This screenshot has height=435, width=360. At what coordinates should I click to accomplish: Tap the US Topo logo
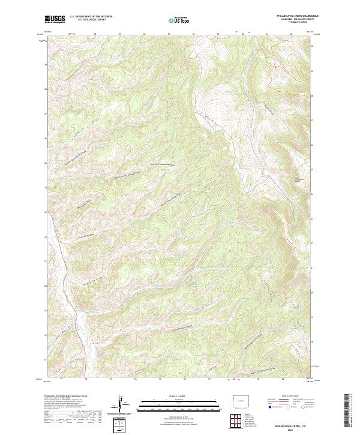coord(179,20)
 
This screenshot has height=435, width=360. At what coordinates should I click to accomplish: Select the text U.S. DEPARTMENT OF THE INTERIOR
coord(92,17)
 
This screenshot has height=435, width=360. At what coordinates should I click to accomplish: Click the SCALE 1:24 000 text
coord(179,397)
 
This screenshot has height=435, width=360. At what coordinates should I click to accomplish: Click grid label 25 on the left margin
coord(45,163)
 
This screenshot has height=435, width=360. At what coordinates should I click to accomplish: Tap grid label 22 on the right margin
coord(314,243)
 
